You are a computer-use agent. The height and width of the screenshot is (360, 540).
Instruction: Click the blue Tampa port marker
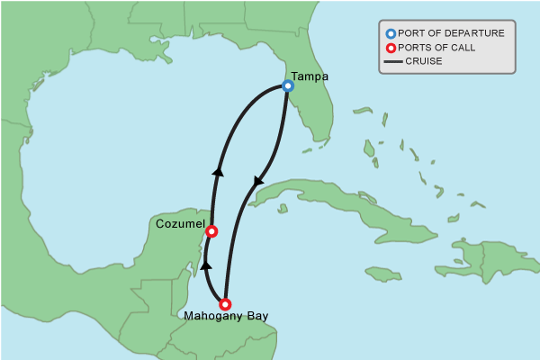tap(288, 86)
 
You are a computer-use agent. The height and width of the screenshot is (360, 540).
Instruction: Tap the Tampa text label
tap(310, 76)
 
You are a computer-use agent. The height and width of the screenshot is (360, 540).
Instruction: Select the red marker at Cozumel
tap(211, 231)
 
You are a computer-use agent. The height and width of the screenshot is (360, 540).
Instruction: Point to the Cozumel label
tap(180, 223)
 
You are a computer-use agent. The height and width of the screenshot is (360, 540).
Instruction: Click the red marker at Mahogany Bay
tap(225, 304)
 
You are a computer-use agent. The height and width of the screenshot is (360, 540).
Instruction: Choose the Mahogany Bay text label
tap(226, 317)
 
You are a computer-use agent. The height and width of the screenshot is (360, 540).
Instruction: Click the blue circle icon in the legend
tap(391, 33)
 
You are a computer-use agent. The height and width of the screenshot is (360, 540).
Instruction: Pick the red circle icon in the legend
tap(391, 48)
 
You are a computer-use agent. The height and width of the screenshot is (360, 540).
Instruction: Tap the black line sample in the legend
tap(392, 62)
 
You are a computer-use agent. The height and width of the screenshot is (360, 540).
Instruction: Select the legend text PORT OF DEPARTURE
tap(451, 33)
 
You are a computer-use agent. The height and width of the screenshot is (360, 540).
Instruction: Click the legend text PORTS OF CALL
tap(443, 48)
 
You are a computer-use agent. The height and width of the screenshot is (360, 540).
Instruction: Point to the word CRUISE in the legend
tap(424, 61)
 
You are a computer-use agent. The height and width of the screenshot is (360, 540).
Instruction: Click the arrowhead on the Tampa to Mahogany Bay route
tap(258, 181)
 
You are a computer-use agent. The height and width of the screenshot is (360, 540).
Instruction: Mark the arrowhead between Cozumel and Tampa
tap(217, 170)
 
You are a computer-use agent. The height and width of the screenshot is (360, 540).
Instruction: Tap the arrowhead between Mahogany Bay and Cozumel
tap(205, 265)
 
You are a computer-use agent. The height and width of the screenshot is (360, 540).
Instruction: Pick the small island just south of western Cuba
tap(282, 209)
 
